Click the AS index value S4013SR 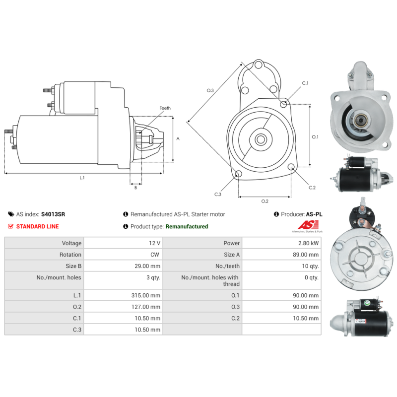(53, 214)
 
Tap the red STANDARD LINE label (37, 226)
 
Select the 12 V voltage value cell (154, 243)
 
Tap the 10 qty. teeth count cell (311, 266)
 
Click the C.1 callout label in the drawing (305, 83)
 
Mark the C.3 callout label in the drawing (218, 194)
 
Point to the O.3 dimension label (210, 90)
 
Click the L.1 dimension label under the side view (82, 178)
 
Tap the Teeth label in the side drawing (165, 108)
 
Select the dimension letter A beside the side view (178, 139)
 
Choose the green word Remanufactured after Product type (187, 226)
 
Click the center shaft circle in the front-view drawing (260, 139)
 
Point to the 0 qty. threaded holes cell (311, 277)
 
